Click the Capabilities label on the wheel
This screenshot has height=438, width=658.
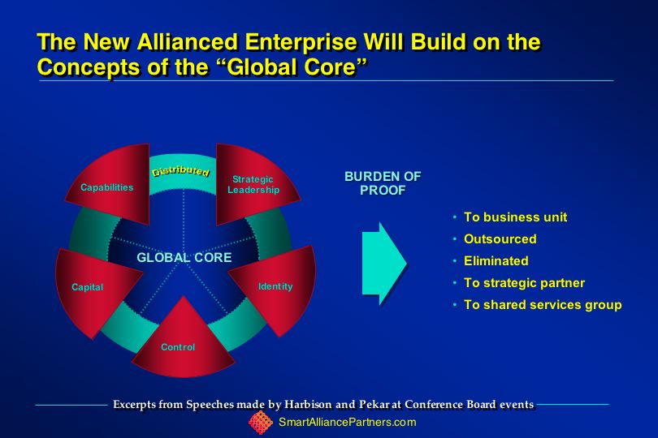pyautogui.click(x=107, y=187)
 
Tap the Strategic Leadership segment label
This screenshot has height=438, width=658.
pyautogui.click(x=253, y=184)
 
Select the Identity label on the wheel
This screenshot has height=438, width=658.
pyautogui.click(x=275, y=286)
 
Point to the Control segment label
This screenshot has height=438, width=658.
pyautogui.click(x=178, y=347)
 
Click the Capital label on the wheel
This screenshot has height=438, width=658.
pyautogui.click(x=87, y=287)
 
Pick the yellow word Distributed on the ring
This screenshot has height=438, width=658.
pyautogui.click(x=180, y=171)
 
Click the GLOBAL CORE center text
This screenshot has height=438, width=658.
pyautogui.click(x=184, y=257)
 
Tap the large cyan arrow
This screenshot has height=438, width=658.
pyautogui.click(x=384, y=264)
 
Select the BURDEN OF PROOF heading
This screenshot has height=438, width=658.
pyautogui.click(x=383, y=183)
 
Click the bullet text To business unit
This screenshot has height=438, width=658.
pyautogui.click(x=515, y=217)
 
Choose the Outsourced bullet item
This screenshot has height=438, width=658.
pyautogui.click(x=500, y=239)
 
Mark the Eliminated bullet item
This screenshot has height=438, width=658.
pyautogui.click(x=496, y=260)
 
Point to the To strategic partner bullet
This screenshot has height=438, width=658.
pyautogui.click(x=524, y=283)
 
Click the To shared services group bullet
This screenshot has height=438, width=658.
pyautogui.click(x=543, y=305)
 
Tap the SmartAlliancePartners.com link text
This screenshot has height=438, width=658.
pyautogui.click(x=348, y=422)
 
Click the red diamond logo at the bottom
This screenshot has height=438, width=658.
pyautogui.click(x=261, y=422)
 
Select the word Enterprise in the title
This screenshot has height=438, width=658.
pyautogui.click(x=301, y=42)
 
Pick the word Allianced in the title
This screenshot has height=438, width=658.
pyautogui.click(x=188, y=42)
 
